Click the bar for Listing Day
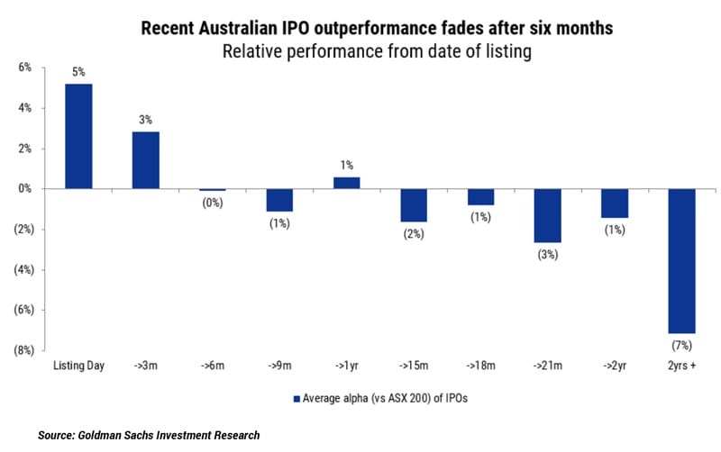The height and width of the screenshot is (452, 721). [x=78, y=136]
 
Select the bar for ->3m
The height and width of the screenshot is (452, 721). [x=146, y=160]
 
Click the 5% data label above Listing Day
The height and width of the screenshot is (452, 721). [x=78, y=72]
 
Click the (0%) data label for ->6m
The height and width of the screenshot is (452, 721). [x=214, y=203]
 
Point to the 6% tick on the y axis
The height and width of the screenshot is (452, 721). [x=24, y=68]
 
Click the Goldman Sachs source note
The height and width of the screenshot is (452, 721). [x=149, y=435]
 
